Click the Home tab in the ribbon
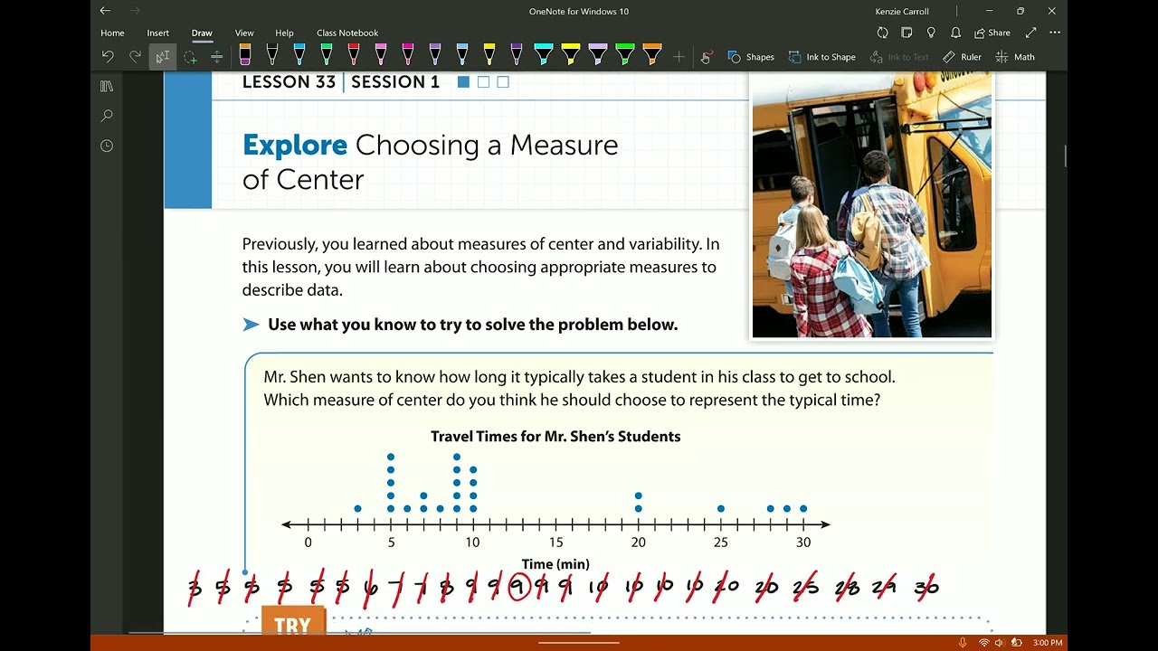(x=112, y=33)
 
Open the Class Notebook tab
(x=347, y=33)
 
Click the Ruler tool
(x=962, y=57)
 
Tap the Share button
(x=992, y=33)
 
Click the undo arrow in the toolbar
(x=108, y=57)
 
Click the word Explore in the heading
(x=295, y=146)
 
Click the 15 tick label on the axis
(x=555, y=542)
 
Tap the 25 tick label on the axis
(x=720, y=542)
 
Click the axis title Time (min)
(x=555, y=564)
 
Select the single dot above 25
(x=721, y=509)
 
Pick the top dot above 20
(x=639, y=495)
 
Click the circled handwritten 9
(x=518, y=588)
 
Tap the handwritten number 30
(x=926, y=589)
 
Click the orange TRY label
(x=292, y=626)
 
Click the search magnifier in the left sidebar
(x=107, y=116)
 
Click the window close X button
(x=1051, y=11)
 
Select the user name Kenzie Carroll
(x=902, y=12)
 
